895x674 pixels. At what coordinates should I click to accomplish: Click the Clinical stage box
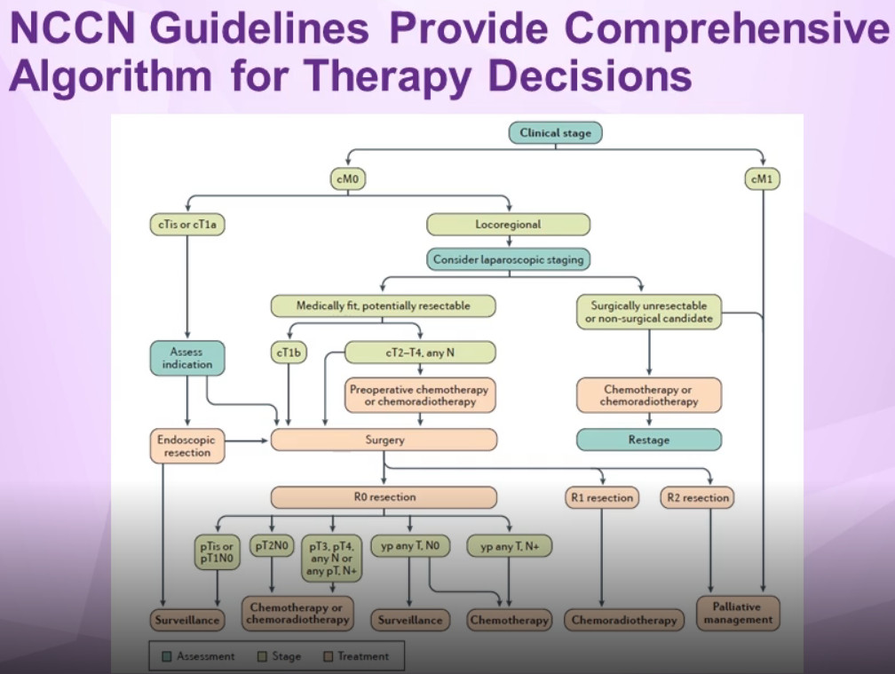556,133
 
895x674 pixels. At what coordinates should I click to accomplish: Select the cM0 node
348,179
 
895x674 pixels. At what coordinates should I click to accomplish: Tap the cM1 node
763,179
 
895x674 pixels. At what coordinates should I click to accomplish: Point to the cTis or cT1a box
187,225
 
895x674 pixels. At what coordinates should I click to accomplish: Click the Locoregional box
509,225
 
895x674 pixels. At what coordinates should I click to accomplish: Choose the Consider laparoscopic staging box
509,259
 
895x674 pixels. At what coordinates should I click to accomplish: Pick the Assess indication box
187,358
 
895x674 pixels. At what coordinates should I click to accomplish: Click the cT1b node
289,353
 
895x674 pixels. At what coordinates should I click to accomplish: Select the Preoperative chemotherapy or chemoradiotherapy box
420,395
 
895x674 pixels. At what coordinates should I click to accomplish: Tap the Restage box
649,440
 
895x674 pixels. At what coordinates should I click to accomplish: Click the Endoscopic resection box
187,446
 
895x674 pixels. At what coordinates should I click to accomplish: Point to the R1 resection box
602,497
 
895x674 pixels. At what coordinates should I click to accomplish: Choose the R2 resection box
698,497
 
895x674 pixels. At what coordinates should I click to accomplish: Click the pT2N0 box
272,546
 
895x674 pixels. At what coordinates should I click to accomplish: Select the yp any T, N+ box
509,546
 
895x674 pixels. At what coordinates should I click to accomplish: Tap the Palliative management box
738,613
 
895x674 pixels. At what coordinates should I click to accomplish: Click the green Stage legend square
262,656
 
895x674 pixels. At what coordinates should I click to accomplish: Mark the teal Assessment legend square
167,656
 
